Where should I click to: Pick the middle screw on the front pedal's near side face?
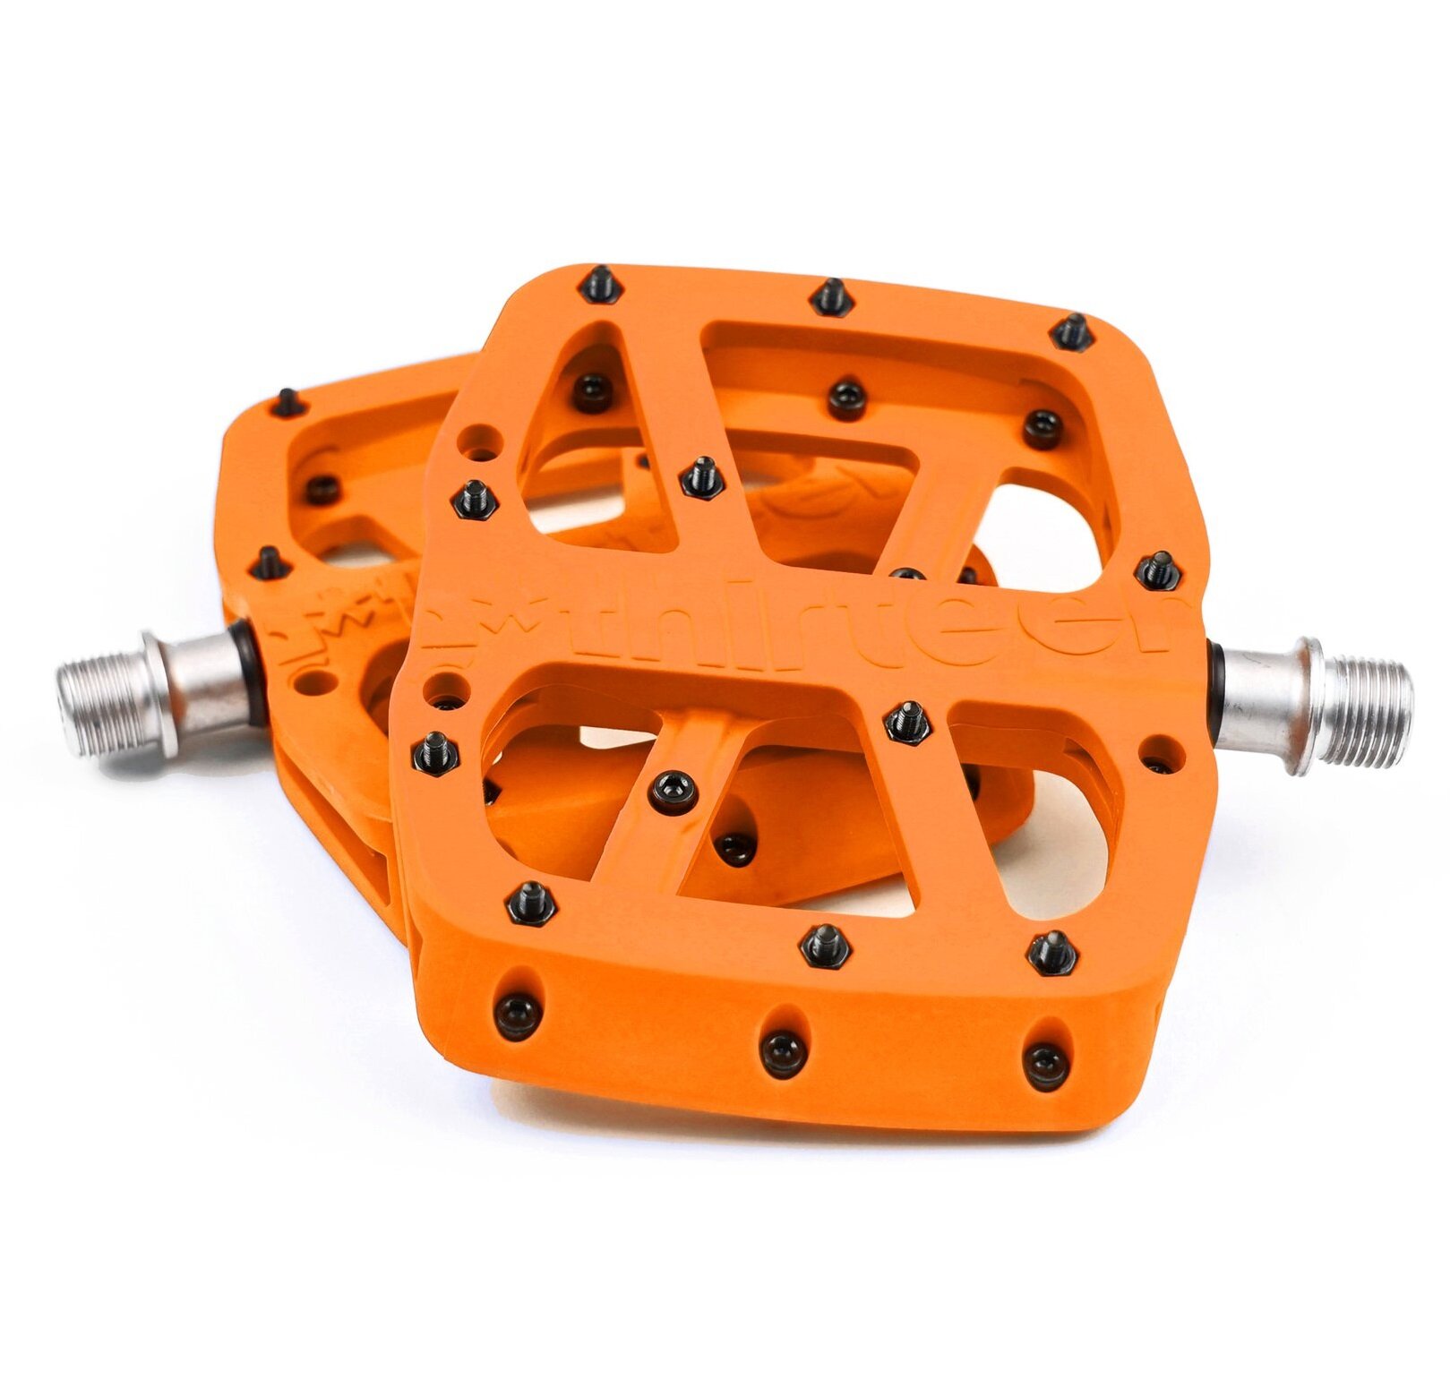click(778, 1047)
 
